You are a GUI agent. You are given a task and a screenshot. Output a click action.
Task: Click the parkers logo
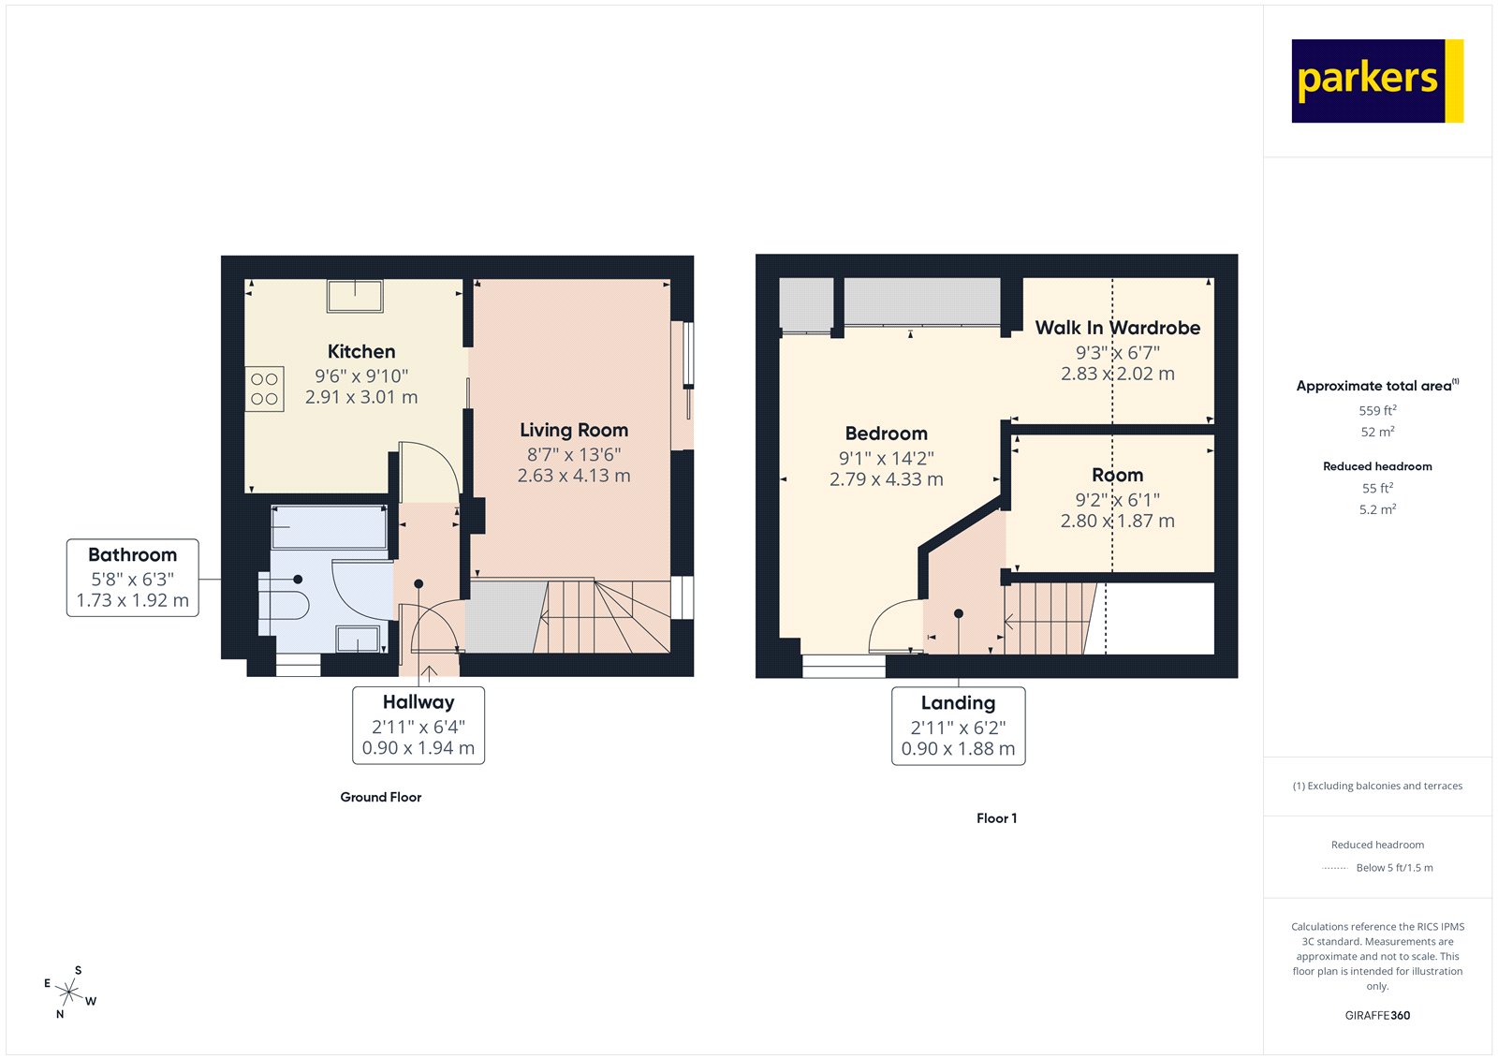coord(1376,81)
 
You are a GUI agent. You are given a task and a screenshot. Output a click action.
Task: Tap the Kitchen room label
coord(361,352)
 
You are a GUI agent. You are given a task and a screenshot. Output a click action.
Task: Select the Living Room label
coord(574,431)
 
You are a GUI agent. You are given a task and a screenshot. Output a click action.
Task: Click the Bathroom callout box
coord(133,578)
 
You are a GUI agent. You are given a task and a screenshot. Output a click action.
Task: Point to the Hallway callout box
coord(419,726)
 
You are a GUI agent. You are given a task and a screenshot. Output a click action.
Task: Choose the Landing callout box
coord(958,727)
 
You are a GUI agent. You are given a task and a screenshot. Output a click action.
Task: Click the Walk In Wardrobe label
coord(1117,329)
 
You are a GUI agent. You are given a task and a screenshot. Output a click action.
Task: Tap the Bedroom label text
coord(886,434)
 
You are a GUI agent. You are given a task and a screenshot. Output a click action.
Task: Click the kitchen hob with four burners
coord(265,390)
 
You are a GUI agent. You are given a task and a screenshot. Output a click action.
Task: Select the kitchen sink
coord(355,296)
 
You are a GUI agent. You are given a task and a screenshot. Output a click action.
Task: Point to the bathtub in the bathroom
coord(330,528)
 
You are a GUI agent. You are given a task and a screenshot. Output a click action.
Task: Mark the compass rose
coord(69,991)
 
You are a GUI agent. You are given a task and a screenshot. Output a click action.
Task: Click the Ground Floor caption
coord(380,798)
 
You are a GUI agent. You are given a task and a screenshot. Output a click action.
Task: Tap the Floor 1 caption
coord(996,818)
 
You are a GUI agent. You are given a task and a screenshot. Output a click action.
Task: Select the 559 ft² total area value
coord(1377,411)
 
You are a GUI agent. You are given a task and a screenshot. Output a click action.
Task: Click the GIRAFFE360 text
coord(1377,1015)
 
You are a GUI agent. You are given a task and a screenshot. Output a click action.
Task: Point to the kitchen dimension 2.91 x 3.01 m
coord(361,397)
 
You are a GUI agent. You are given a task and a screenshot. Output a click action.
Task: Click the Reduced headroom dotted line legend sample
coord(1334,869)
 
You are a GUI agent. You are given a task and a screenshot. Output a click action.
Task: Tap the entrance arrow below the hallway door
coord(430,673)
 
